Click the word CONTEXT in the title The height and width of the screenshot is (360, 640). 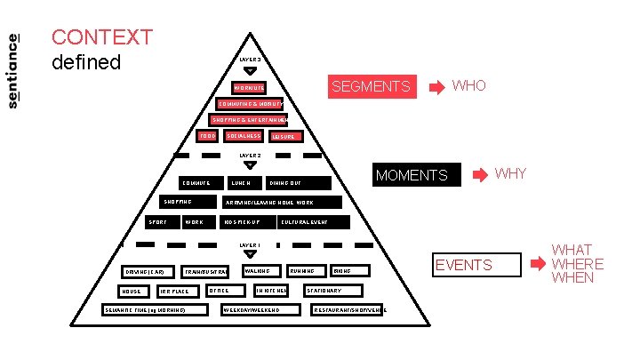click(102, 38)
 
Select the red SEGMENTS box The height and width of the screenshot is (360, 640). click(371, 86)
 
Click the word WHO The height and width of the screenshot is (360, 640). click(469, 85)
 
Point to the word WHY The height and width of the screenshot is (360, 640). click(510, 173)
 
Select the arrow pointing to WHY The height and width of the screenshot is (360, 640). click(481, 174)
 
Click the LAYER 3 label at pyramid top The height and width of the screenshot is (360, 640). click(250, 60)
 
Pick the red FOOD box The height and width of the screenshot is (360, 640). click(207, 136)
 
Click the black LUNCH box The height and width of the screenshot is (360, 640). click(243, 183)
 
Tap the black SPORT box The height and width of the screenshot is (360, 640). click(161, 221)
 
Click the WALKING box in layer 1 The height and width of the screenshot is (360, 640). click(260, 270)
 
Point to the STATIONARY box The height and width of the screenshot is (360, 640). click(332, 291)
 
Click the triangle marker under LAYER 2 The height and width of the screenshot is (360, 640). click(250, 164)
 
